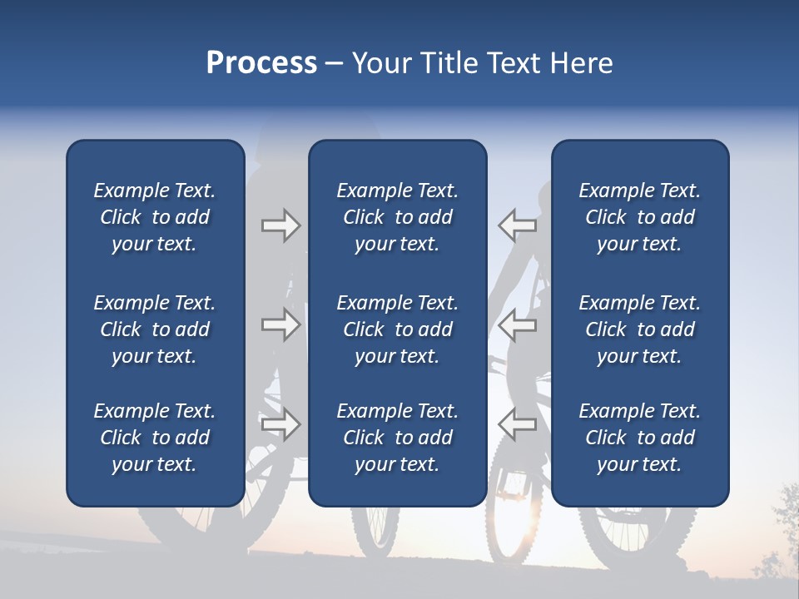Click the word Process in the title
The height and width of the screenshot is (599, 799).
[261, 63]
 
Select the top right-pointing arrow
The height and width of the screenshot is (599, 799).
[280, 225]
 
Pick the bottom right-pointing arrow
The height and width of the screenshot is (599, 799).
[280, 423]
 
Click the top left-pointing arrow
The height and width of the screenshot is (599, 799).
[517, 225]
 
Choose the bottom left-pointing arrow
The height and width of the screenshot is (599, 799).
[517, 423]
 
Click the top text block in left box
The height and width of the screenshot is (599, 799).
[155, 217]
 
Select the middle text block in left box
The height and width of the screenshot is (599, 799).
[155, 329]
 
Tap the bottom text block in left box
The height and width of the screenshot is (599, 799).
[155, 438]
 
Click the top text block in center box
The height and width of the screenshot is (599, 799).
[397, 217]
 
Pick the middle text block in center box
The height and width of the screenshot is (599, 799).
[397, 329]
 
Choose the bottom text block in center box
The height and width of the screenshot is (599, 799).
[397, 438]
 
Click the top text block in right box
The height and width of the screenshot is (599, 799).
[639, 217]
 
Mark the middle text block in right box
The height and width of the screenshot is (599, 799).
[639, 329]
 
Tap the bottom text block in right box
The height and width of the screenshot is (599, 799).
[639, 438]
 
